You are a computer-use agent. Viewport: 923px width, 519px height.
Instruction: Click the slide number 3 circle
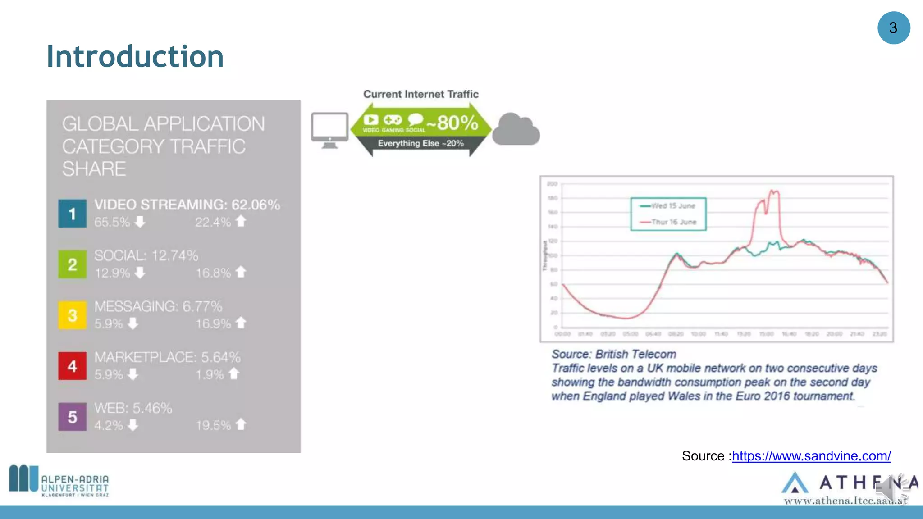[894, 28]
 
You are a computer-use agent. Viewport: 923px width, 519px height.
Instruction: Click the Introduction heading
[135, 56]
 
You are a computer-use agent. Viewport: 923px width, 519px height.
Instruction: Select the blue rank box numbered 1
[72, 214]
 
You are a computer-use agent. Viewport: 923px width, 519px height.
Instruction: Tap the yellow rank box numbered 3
[72, 315]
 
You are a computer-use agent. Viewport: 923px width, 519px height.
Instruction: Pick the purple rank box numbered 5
[72, 417]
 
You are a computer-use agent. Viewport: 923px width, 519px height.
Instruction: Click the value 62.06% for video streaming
[256, 205]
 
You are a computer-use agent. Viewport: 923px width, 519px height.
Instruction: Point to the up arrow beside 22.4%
[241, 221]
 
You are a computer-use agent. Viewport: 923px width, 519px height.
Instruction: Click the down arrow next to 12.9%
[140, 273]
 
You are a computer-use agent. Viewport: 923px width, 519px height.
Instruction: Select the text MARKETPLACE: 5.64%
[167, 357]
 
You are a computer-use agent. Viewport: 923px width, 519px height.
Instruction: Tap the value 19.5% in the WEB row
[213, 425]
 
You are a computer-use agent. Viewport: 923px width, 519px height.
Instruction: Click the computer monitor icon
[329, 130]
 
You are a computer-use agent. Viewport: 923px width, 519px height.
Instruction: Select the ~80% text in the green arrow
[452, 123]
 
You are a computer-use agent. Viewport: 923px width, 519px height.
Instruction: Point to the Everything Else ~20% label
[420, 143]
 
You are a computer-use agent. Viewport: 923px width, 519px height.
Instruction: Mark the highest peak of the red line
[773, 191]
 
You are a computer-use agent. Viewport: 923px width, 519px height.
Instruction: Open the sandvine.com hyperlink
[811, 456]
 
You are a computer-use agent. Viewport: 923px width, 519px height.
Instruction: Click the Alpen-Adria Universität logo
[59, 481]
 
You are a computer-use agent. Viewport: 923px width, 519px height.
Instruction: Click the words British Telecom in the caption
[635, 354]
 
